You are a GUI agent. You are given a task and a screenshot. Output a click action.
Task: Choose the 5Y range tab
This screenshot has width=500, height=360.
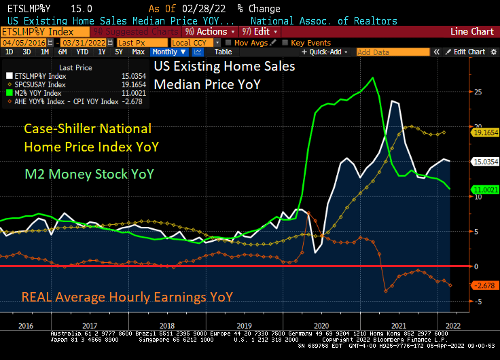click(118, 52)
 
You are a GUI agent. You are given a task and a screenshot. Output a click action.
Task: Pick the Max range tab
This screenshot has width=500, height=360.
click(138, 52)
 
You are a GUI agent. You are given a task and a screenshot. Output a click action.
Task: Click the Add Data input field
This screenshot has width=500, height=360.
click(382, 52)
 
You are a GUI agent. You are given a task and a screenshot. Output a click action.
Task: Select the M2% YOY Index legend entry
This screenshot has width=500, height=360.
click(41, 93)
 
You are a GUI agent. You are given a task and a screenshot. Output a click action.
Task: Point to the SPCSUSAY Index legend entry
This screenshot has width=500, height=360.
click(41, 84)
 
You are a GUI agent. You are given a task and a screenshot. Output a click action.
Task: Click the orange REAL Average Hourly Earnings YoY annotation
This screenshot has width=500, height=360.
click(127, 296)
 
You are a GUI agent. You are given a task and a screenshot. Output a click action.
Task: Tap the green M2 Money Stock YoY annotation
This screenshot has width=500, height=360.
click(89, 175)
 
